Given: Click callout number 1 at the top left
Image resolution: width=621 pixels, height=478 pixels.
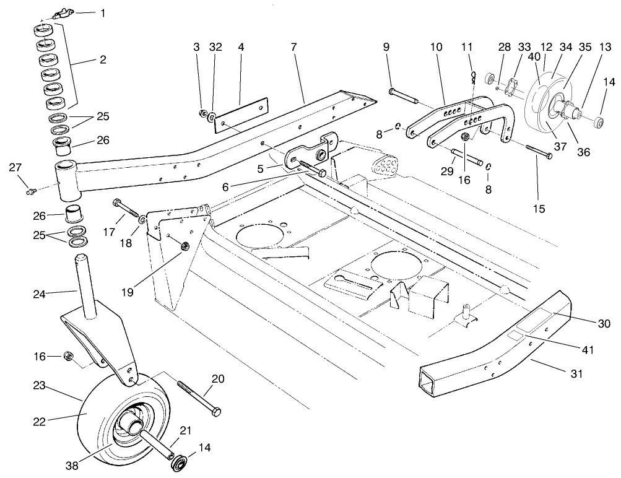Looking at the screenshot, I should pyautogui.click(x=103, y=12).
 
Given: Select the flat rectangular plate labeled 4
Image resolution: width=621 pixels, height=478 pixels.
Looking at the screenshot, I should pyautogui.click(x=241, y=115).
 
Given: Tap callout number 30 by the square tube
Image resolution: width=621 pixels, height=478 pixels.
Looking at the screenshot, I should pyautogui.click(x=604, y=323).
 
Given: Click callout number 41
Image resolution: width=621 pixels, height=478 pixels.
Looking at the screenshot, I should pyautogui.click(x=588, y=350).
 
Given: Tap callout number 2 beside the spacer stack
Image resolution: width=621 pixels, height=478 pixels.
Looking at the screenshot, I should pyautogui.click(x=103, y=60).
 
